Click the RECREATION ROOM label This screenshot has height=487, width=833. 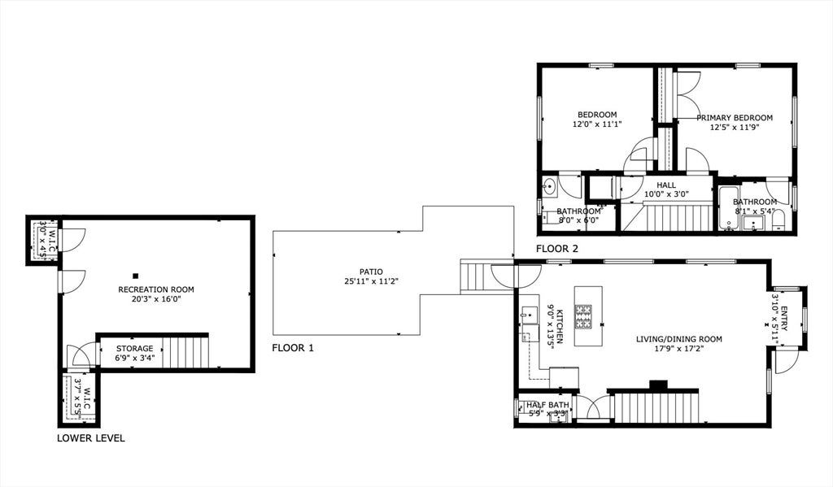coord(156,289)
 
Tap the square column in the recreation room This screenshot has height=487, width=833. coord(136,276)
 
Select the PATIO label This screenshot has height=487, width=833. coord(371,272)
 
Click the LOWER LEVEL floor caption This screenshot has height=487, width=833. coord(91,438)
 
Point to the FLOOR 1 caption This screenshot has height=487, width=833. coord(293,349)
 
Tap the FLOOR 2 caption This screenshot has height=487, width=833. coord(556,249)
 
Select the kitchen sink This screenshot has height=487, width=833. coord(529,315)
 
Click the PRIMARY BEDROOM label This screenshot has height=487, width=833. coord(735,117)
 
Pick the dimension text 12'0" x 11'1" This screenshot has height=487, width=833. coord(597,124)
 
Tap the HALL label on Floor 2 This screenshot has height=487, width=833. coord(666,185)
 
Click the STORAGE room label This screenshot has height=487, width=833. coord(134,349)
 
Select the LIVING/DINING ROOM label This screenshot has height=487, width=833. coord(679,339)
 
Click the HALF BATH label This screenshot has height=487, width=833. coord(547,405)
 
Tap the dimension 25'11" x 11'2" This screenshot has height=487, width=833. coord(371,281)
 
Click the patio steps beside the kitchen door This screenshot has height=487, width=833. coord(475,276)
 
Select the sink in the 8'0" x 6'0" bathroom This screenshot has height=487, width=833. coord(549,186)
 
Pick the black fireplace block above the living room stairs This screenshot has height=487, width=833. coord(659,385)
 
